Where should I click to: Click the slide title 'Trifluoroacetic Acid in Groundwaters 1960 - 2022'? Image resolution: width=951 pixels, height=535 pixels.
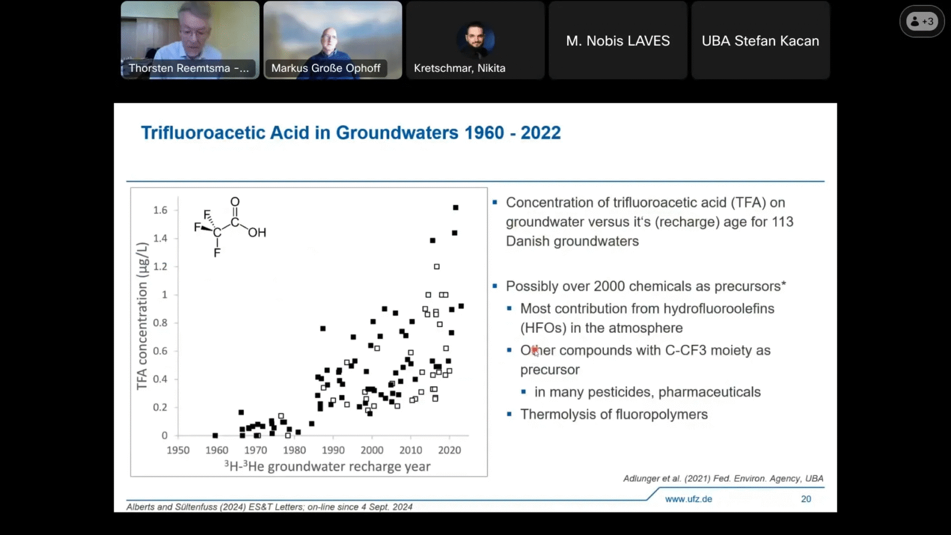click(x=351, y=133)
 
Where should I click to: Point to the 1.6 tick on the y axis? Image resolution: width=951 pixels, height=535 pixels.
click(x=160, y=210)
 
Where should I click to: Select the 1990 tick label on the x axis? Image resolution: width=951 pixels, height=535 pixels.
click(x=333, y=450)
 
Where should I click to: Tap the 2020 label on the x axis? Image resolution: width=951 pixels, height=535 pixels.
click(x=449, y=450)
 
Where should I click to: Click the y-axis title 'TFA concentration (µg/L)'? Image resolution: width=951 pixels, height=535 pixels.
click(x=141, y=316)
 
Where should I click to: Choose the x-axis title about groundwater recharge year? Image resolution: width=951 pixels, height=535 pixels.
click(x=327, y=467)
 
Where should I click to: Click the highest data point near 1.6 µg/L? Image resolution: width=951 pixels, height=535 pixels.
click(x=456, y=207)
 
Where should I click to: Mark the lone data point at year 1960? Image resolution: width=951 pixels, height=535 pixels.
click(x=215, y=436)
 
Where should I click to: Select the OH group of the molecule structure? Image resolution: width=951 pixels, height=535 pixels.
click(x=257, y=232)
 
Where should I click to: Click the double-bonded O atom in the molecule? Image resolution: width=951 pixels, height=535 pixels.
click(x=235, y=202)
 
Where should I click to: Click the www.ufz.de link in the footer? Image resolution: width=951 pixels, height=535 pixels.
click(x=688, y=499)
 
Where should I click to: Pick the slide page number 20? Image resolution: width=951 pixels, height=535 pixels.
click(x=806, y=499)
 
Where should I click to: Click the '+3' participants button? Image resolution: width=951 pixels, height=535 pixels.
click(x=922, y=21)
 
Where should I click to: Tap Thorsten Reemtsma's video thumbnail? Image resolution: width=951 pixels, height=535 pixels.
click(x=190, y=40)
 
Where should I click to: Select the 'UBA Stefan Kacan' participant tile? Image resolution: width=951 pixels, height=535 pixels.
click(x=760, y=40)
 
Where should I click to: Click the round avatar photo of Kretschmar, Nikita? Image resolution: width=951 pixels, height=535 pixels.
click(x=475, y=39)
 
